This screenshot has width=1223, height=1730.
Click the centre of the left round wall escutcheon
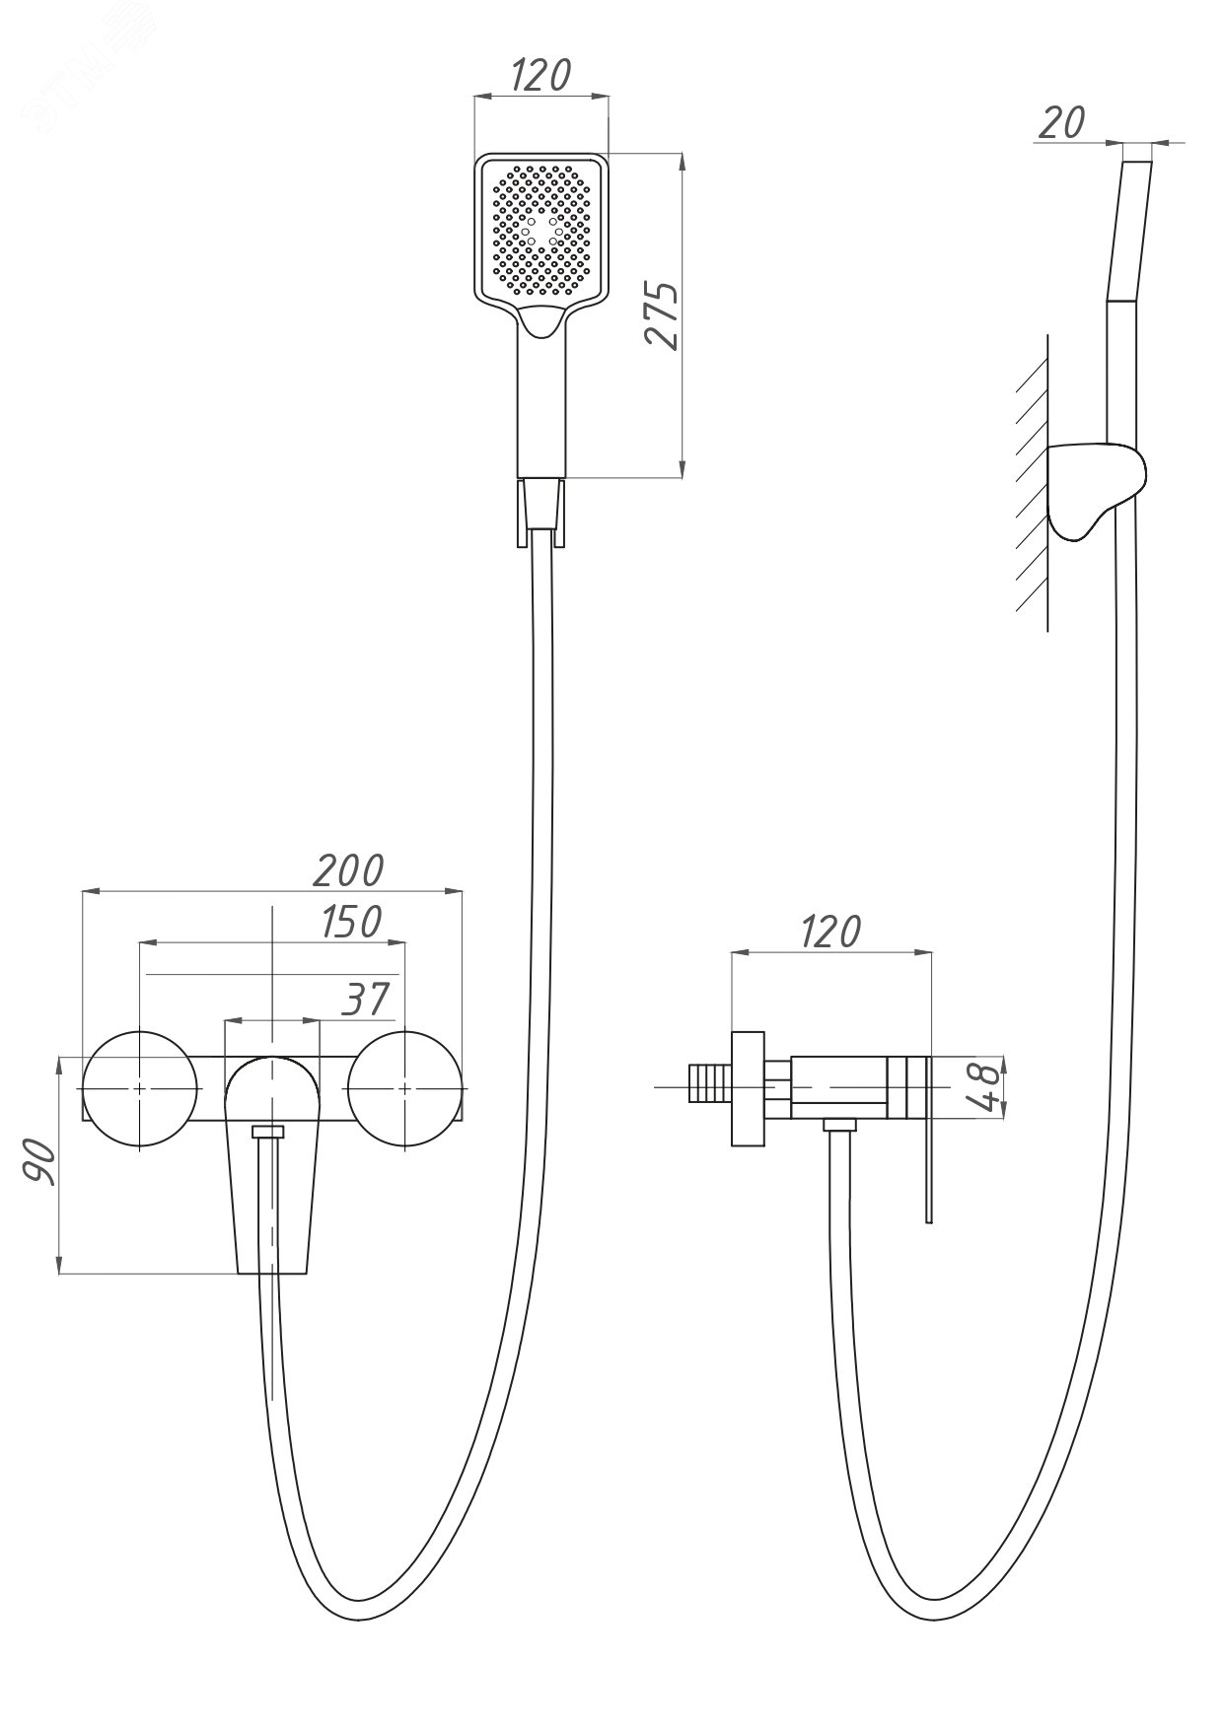tap(141, 1088)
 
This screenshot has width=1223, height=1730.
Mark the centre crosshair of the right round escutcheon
tap(405, 1088)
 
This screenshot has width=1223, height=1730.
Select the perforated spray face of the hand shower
tap(542, 232)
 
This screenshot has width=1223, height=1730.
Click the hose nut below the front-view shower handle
tap(541, 513)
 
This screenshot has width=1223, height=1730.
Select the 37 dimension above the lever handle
tap(366, 1000)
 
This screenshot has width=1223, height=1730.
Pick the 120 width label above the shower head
tap(541, 74)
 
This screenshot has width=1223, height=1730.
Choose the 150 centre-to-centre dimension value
tap(352, 922)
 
